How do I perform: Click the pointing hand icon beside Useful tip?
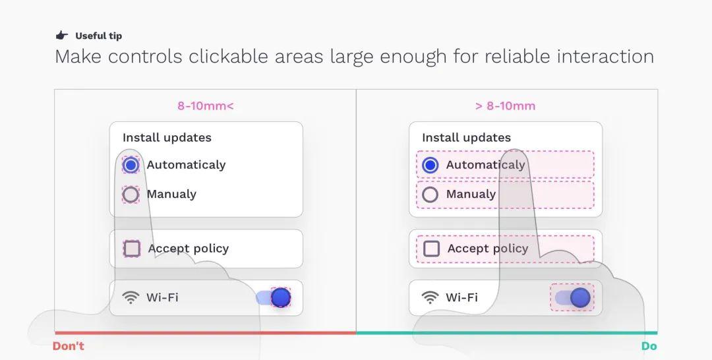62,36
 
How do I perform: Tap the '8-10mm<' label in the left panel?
206,106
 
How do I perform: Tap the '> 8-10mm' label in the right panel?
505,106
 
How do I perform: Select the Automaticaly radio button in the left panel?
131,165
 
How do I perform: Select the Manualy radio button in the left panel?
131,195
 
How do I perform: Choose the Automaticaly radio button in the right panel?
430,165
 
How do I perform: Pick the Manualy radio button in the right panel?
430,195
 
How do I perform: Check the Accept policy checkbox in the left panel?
132,249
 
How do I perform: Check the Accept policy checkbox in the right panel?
431,249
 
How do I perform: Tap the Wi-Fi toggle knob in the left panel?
281,298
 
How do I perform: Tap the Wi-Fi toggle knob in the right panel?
580,298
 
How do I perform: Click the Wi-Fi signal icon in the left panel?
131,297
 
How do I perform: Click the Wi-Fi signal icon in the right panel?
430,297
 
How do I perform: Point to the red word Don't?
69,346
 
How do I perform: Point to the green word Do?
649,346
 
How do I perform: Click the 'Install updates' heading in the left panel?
167,138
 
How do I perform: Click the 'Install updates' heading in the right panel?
466,138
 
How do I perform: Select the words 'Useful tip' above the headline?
98,36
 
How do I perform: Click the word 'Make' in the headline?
78,57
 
